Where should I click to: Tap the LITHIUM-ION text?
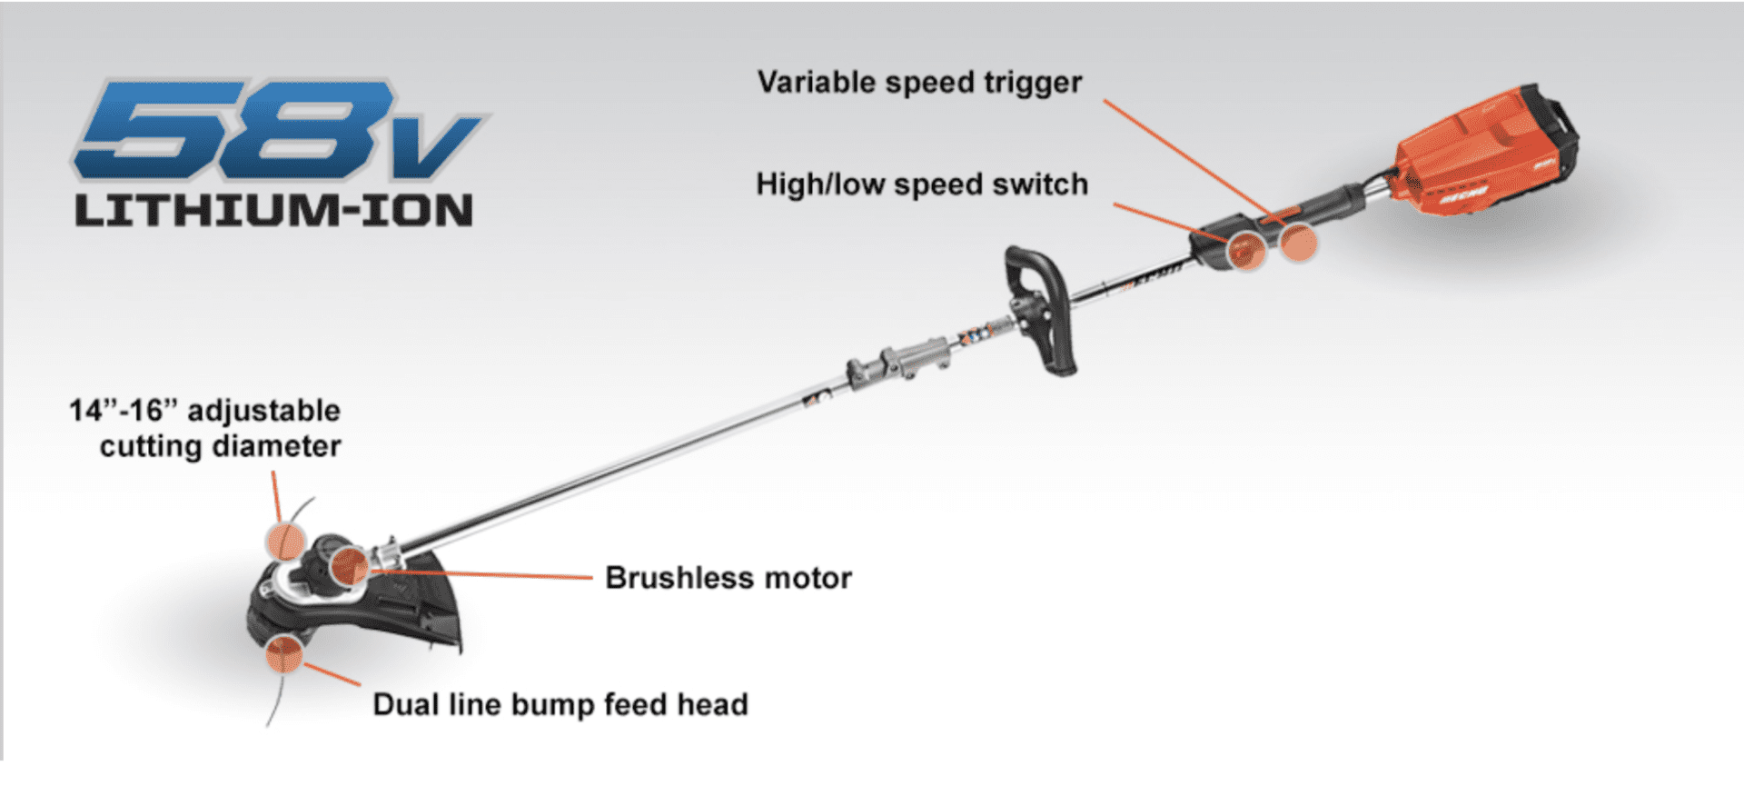click(x=274, y=211)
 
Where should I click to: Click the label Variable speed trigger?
click(x=919, y=83)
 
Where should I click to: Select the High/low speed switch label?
click(x=922, y=184)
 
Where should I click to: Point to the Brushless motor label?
click(x=728, y=578)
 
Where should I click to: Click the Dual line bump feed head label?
click(x=560, y=704)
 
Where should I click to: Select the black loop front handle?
click(x=1045, y=309)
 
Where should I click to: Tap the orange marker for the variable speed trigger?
click(x=1299, y=243)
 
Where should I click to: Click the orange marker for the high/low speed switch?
click(x=1246, y=250)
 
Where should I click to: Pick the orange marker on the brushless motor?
click(x=350, y=566)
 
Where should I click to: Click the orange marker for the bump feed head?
click(x=284, y=653)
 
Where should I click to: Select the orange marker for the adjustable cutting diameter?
click(x=284, y=541)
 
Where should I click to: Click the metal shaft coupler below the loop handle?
click(x=899, y=360)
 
